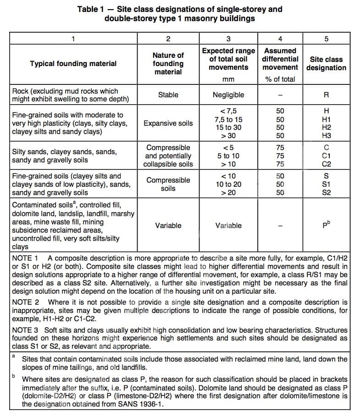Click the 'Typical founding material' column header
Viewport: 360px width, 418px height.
tap(73, 64)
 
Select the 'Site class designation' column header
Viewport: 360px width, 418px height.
tap(326, 64)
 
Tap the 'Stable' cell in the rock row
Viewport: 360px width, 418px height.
tap(168, 95)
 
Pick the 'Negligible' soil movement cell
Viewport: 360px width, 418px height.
tap(228, 95)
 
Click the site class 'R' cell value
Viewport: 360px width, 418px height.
tap(326, 95)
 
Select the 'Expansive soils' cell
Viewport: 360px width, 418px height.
tap(168, 123)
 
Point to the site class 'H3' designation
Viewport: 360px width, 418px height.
tap(326, 136)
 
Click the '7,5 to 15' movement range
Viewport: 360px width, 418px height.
tap(228, 119)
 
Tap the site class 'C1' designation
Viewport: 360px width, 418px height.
tap(326, 156)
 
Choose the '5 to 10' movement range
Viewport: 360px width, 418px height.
tap(228, 156)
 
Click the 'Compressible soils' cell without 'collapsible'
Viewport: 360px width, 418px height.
tap(168, 184)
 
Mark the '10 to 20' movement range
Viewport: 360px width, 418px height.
tap(228, 184)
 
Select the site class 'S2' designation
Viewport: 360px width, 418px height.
tap(326, 193)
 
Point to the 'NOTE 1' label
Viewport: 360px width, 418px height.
tap(25, 258)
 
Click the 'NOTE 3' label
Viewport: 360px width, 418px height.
tap(25, 330)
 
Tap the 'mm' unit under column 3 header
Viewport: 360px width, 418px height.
tap(228, 79)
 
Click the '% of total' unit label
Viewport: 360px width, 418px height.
tap(280, 79)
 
